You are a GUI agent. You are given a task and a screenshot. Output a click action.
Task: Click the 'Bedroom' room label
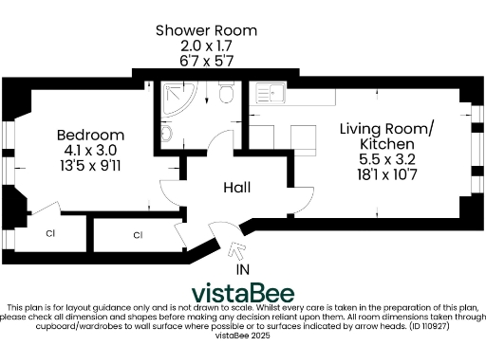pos(90,134)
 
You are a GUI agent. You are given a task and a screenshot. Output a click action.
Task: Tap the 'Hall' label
pos(236,188)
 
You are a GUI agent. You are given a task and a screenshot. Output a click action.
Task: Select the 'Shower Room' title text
pos(206,30)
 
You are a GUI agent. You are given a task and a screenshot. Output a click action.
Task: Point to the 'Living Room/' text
pos(388,128)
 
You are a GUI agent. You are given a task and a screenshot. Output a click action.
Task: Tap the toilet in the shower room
pos(225,94)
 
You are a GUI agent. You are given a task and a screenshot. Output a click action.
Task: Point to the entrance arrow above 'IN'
pos(236,251)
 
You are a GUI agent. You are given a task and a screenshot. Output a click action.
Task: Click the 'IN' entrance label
pos(244,270)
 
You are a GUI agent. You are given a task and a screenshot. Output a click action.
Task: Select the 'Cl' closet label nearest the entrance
pos(137,234)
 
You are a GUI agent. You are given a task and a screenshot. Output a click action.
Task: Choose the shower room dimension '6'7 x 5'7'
pos(206,61)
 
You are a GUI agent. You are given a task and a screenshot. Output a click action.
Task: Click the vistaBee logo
pos(243,292)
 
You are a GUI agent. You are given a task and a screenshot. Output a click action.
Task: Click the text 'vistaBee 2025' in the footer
pos(244,335)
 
